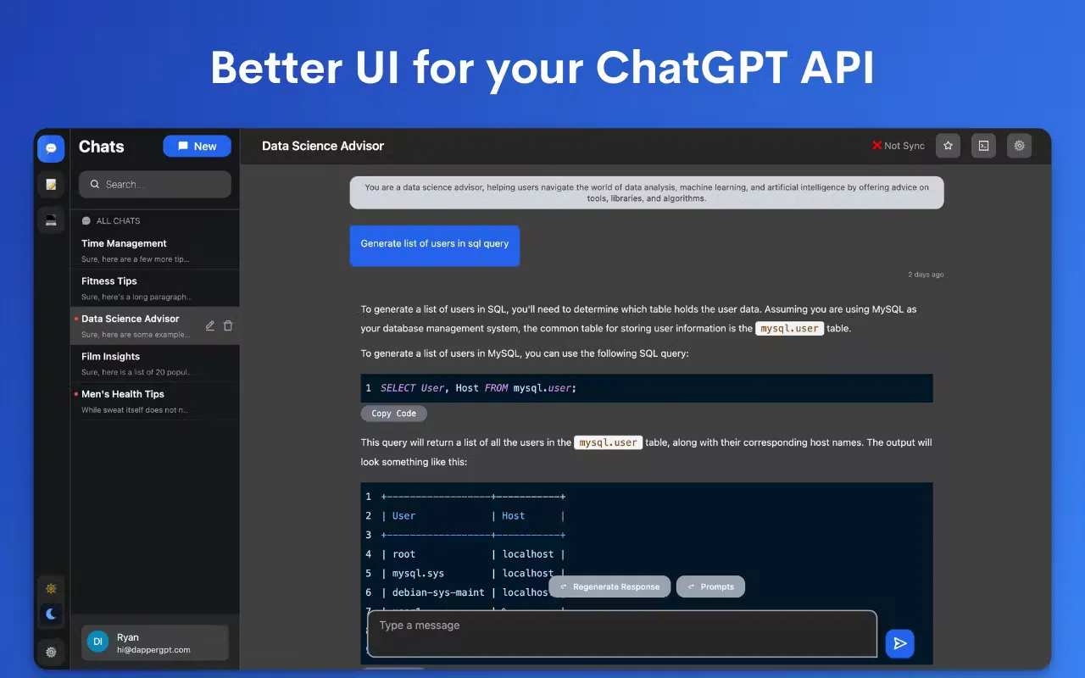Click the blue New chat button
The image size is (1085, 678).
coord(197,147)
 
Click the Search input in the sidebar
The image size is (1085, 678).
coord(155,184)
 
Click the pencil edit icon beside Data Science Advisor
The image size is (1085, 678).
coord(210,325)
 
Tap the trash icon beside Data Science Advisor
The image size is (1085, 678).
coord(228,325)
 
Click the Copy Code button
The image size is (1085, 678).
coord(393,414)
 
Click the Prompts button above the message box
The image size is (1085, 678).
coord(710,586)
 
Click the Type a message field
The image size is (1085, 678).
coord(621,633)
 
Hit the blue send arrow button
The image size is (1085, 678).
coord(899,643)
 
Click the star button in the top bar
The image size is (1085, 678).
coord(948,146)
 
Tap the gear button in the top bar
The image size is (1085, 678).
coord(1019,146)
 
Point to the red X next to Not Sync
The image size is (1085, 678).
coord(876,146)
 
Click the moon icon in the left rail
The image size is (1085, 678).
coord(51,614)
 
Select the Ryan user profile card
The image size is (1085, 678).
coord(155,642)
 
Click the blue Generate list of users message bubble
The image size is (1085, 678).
coord(435,244)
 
